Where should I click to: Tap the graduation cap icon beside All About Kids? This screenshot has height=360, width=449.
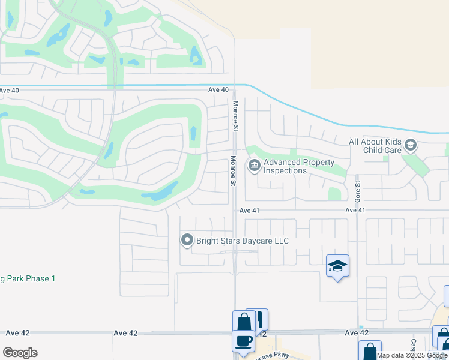click(x=411, y=145)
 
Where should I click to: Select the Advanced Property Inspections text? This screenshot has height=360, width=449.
click(x=299, y=166)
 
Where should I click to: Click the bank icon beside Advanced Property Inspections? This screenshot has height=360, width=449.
click(x=255, y=165)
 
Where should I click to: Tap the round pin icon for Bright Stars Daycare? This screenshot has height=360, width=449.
click(x=187, y=241)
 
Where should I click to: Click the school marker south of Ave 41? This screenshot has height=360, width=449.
click(x=337, y=266)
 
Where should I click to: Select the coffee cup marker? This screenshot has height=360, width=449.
click(x=244, y=340)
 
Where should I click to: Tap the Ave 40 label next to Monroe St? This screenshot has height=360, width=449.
click(x=218, y=89)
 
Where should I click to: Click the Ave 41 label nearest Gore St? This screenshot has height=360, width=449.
click(x=355, y=210)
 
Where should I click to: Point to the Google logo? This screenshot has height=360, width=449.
click(x=20, y=353)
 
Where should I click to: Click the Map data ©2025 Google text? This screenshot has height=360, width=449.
click(x=412, y=355)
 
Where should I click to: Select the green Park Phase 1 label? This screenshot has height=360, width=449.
click(x=28, y=278)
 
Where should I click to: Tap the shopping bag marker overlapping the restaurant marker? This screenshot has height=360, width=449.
click(x=243, y=321)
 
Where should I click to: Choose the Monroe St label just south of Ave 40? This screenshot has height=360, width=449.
click(x=235, y=116)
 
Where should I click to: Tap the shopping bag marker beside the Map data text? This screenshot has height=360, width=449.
click(x=369, y=351)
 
